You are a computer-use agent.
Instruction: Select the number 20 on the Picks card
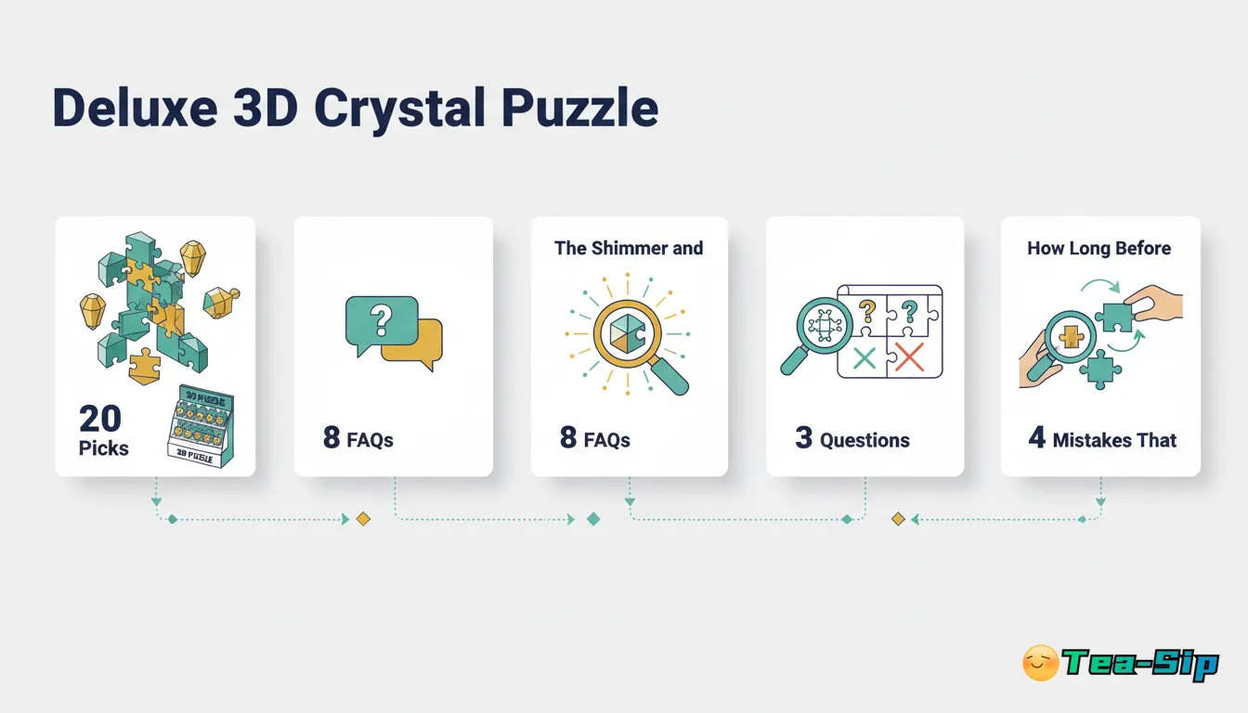(x=100, y=419)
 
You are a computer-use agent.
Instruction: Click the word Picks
(x=104, y=448)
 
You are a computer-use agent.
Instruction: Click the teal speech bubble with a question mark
(x=379, y=320)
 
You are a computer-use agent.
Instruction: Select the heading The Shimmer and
(x=629, y=248)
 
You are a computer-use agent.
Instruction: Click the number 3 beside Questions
(x=803, y=438)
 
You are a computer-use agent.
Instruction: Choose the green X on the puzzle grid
(x=864, y=357)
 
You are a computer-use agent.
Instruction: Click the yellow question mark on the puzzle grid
(x=867, y=310)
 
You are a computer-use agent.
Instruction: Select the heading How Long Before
(x=1098, y=248)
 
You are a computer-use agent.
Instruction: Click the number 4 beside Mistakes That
(x=1036, y=438)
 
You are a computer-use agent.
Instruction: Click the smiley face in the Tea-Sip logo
(x=1040, y=663)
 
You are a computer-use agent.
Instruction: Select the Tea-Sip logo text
(x=1139, y=664)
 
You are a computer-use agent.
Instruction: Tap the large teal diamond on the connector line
(x=593, y=519)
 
